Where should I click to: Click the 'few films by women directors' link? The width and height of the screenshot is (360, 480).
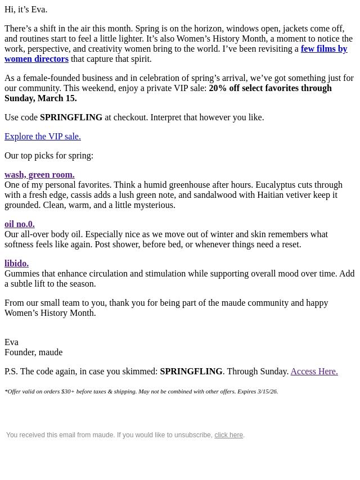pos(323,49)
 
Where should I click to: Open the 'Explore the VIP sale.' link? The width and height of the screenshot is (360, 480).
pos(43,137)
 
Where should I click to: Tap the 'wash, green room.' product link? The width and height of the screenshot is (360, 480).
pos(39,175)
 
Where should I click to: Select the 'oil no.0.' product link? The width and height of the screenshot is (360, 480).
pos(20,224)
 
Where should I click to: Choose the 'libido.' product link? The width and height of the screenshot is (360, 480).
pos(16,264)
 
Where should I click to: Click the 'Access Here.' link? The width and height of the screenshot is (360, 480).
pos(314,372)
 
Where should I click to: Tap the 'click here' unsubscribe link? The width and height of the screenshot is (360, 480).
pos(228,435)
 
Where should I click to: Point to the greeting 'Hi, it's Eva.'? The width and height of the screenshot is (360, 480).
pos(26,10)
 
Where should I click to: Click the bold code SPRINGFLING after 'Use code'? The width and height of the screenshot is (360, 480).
pos(71,117)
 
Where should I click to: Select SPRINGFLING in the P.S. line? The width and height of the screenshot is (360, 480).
pos(191,372)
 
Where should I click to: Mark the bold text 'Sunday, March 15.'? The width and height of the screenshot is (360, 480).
pos(40,98)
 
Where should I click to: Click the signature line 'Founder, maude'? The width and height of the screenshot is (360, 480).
pos(33,352)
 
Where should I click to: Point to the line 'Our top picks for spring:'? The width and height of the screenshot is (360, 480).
pos(49,156)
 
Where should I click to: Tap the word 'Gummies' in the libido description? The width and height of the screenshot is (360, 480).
pos(22,274)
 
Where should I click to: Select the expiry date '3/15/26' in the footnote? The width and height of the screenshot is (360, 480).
pos(267,391)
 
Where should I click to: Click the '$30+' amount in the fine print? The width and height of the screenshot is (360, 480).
pos(67,391)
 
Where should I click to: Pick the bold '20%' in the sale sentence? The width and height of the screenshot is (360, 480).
pos(218,88)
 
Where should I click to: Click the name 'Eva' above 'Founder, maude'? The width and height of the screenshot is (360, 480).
pos(11,342)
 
